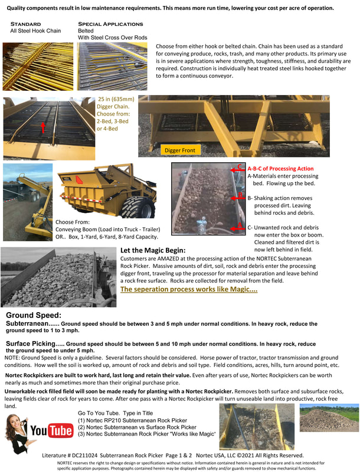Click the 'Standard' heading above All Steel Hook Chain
click(26, 24)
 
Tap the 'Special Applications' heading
click(110, 24)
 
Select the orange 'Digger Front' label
click(181, 150)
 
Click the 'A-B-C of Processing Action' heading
click(280, 168)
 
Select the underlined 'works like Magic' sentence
click(188, 289)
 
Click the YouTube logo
click(51, 431)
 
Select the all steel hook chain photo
click(38, 65)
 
